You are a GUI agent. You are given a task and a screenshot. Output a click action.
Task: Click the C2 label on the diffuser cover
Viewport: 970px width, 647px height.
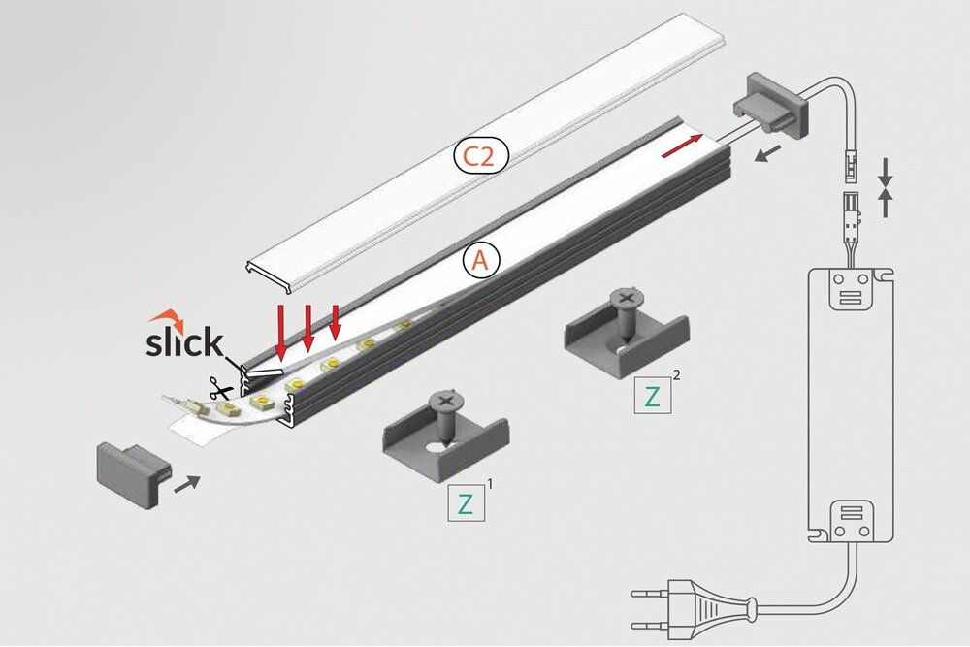[x=477, y=156]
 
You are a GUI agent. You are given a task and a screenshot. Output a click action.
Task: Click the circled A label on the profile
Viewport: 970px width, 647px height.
[x=482, y=259]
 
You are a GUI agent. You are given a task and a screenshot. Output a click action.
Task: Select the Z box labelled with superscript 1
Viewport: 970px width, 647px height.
[x=465, y=503]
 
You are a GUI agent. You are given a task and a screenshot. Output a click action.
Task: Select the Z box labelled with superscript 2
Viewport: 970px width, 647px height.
[x=652, y=396]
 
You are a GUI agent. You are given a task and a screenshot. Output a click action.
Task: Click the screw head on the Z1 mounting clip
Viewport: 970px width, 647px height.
[x=447, y=400]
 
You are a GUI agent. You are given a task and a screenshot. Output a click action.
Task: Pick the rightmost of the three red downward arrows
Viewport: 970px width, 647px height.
[x=336, y=321]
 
